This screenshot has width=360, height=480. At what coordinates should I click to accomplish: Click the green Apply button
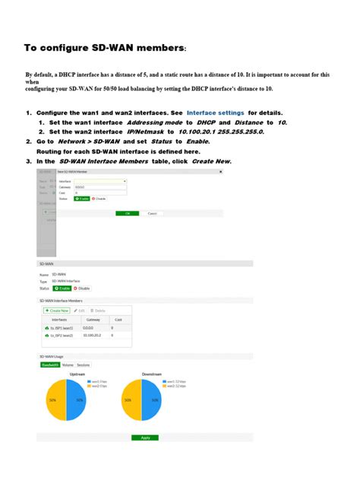(144, 438)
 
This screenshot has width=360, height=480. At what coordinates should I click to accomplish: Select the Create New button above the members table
(58, 311)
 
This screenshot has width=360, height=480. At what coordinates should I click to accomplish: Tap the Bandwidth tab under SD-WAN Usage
(50, 365)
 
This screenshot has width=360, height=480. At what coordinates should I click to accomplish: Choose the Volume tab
(67, 365)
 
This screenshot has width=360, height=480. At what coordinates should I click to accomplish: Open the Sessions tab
(83, 365)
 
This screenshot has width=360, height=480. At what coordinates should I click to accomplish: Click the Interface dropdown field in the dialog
(103, 181)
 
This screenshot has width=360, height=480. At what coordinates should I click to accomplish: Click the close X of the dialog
(220, 172)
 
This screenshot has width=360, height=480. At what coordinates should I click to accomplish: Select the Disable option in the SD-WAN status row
(82, 289)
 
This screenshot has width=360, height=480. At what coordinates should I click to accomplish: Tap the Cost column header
(118, 319)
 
